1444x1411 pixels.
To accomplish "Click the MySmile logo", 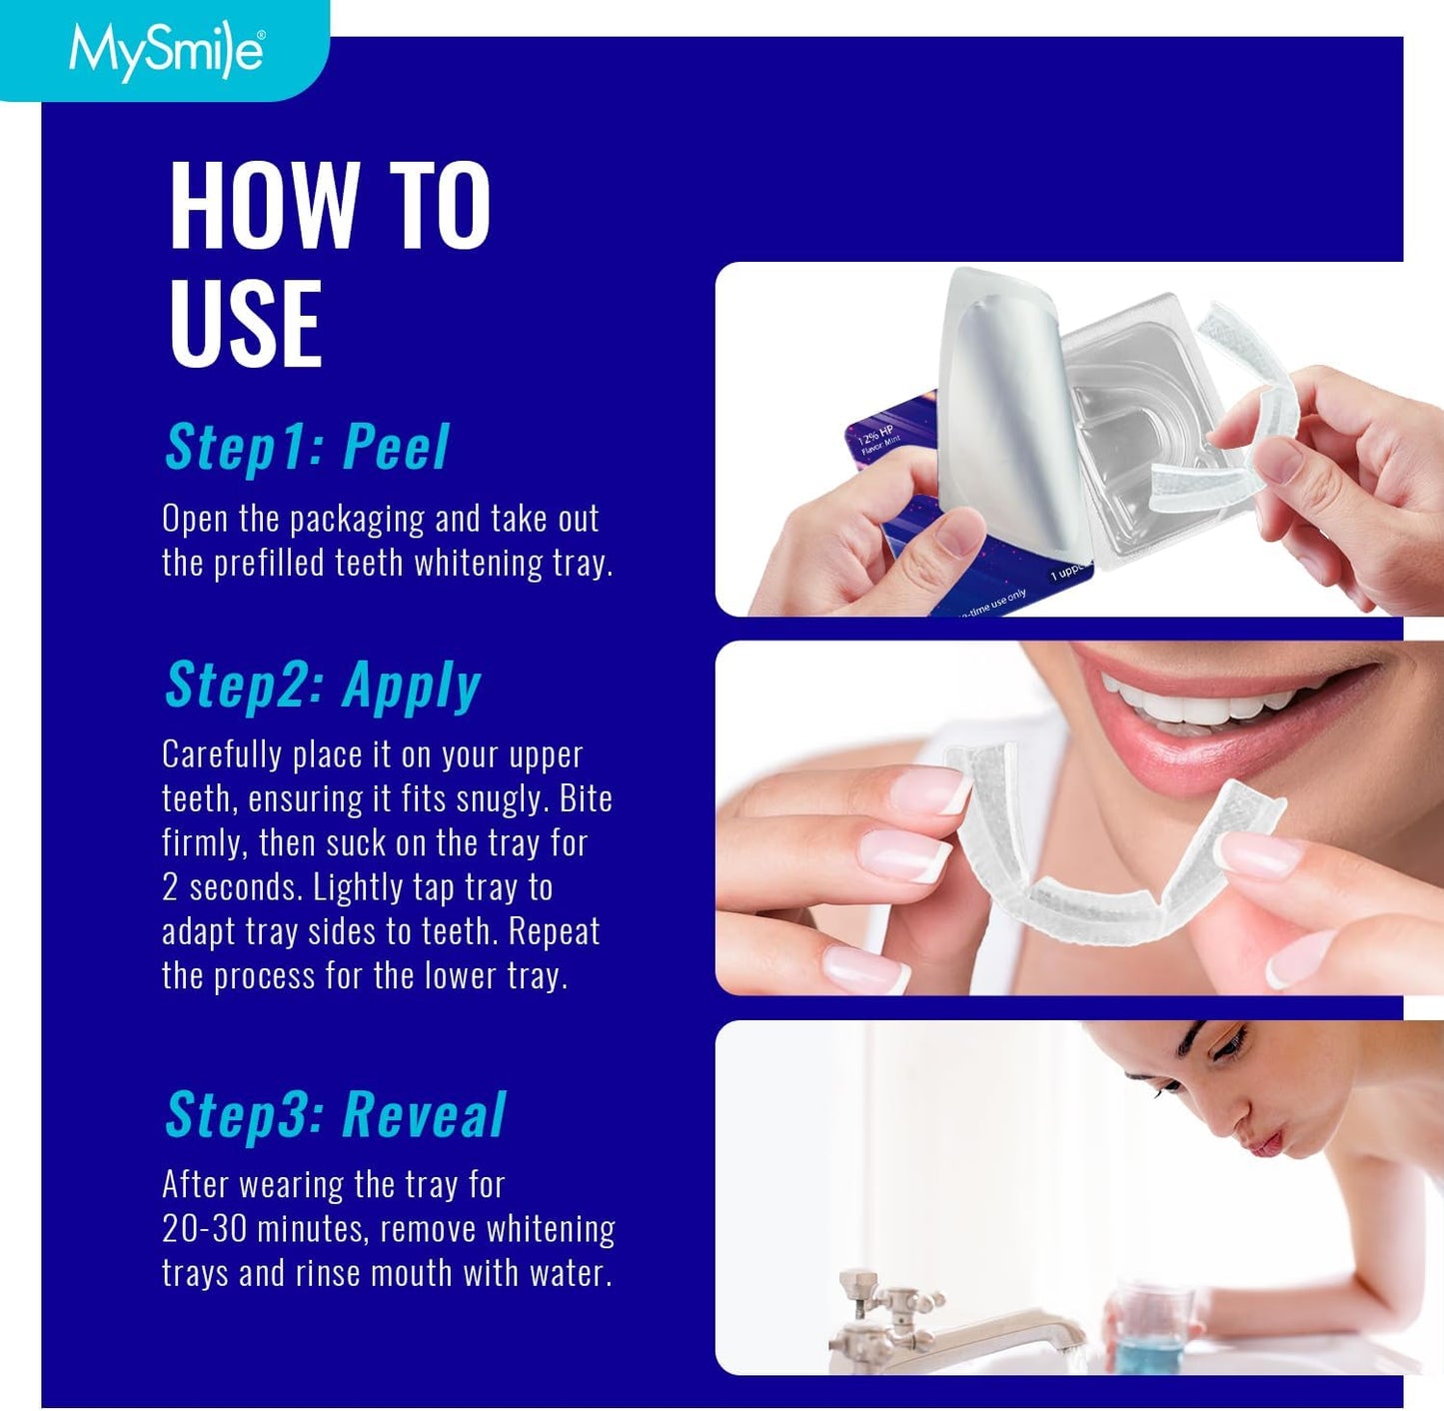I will tap(166, 50).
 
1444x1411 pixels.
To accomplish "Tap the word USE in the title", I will tap(246, 323).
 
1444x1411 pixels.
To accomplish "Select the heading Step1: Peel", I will tap(307, 447).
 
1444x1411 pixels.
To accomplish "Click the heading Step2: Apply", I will tap(323, 687).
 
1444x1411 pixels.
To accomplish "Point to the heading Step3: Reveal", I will tap(336, 1115).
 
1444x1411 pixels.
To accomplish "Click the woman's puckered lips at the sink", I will tap(1262, 1138).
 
